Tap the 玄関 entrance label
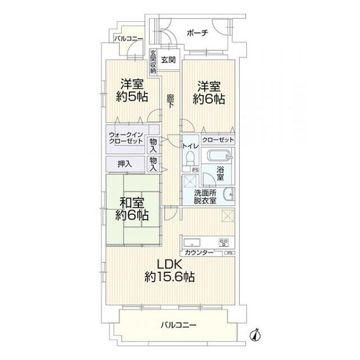(x=166, y=59)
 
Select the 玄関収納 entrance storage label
(x=152, y=62)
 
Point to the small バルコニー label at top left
(x=129, y=39)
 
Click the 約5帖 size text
(x=133, y=97)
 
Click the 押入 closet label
(x=125, y=164)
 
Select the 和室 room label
(x=132, y=202)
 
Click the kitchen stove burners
(x=223, y=243)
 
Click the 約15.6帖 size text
(x=169, y=277)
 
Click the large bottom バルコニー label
(x=177, y=325)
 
